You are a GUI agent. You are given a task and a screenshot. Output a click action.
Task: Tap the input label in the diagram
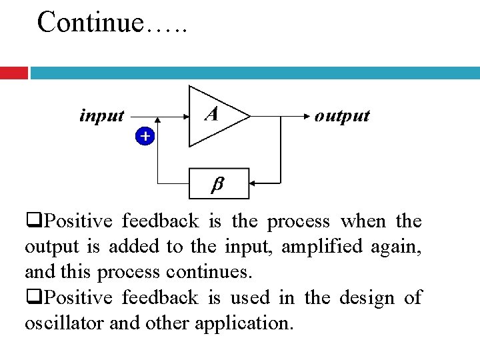coord(101,116)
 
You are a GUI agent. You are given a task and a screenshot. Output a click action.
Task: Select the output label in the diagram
coord(342,116)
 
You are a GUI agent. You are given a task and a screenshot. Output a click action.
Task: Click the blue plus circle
coord(145,137)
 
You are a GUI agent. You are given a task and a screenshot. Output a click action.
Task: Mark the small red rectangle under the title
coord(13,73)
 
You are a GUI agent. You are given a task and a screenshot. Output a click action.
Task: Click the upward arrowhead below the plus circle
coord(157,124)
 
